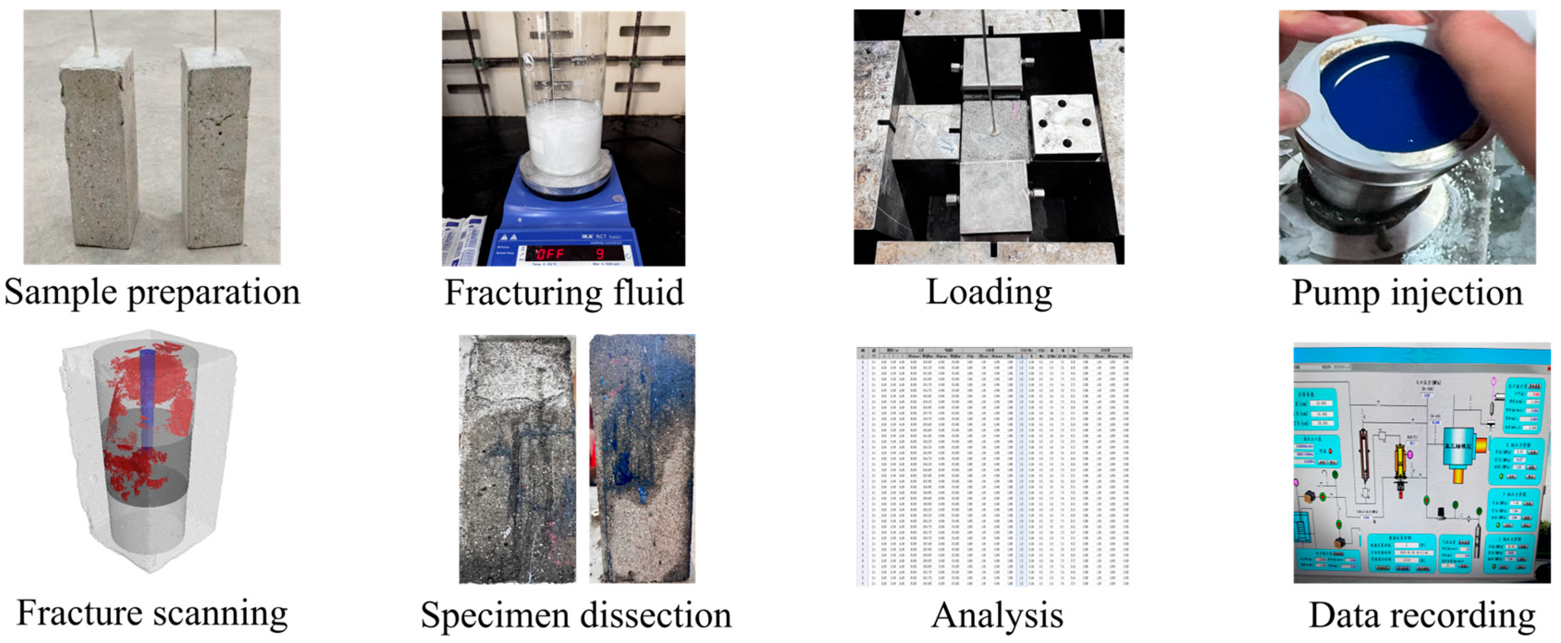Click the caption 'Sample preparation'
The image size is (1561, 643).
152,293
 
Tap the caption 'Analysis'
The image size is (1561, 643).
997,616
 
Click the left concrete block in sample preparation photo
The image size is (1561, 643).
99,152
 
